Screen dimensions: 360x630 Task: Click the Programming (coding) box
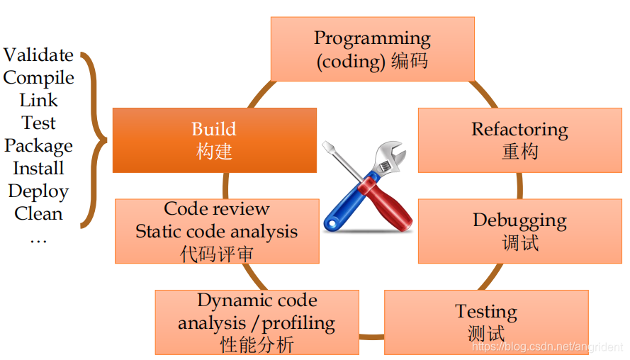[x=372, y=49]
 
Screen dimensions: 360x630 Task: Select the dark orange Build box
[x=214, y=140]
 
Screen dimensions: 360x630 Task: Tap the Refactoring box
[x=519, y=140]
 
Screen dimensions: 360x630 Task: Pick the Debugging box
[x=519, y=231]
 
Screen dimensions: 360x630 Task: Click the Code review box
[x=217, y=231]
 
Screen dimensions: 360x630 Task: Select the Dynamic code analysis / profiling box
[x=257, y=322]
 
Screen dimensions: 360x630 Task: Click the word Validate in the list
[x=38, y=55]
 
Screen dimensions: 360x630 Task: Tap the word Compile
[x=38, y=78]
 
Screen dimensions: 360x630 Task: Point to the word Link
[x=38, y=101]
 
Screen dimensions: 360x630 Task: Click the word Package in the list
[x=38, y=146]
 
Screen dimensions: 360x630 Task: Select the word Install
[x=38, y=169]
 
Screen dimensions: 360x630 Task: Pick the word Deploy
[x=38, y=191]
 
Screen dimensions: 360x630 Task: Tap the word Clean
[x=38, y=214]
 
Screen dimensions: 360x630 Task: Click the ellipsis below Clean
[x=38, y=240]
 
